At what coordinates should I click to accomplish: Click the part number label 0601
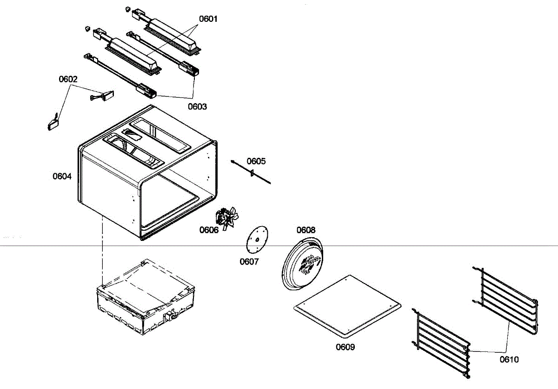coord(208,19)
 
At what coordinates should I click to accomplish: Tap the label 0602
coord(68,79)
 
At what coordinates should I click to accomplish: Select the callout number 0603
coord(197,106)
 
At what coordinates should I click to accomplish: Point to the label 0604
coord(62,176)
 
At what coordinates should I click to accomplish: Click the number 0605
coord(256,161)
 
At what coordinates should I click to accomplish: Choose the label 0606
coord(209,230)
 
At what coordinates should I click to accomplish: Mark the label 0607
coord(249,261)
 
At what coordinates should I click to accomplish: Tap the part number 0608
coord(306,230)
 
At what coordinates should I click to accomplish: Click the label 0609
coord(345,347)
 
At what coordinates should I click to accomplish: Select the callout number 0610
coord(510,359)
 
